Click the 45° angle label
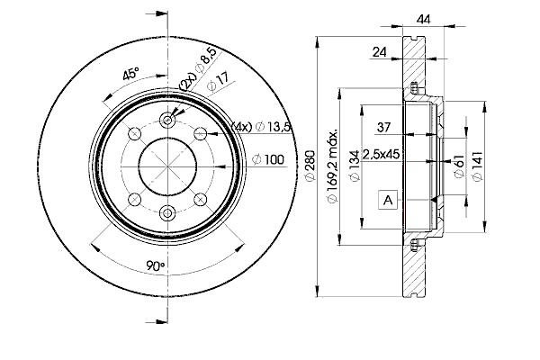pyautogui.click(x=132, y=74)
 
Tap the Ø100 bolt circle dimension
pyautogui.click(x=268, y=159)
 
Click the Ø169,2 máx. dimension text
pyautogui.click(x=332, y=166)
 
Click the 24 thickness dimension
pyautogui.click(x=380, y=53)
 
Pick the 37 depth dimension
pyautogui.click(x=383, y=125)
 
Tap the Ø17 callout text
pyautogui.click(x=218, y=86)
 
